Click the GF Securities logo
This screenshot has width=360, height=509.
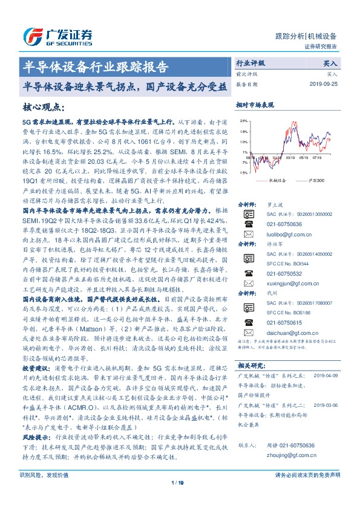pyautogui.click(x=57, y=37)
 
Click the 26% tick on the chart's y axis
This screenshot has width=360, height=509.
pyautogui.click(x=243, y=122)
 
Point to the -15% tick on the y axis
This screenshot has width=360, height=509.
pyautogui.click(x=243, y=172)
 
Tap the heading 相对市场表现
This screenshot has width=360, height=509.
pyautogui.click(x=256, y=105)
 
